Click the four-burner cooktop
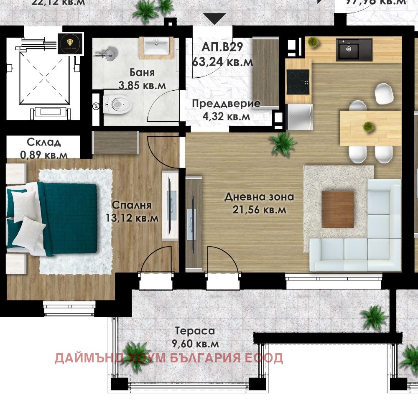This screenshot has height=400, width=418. coord(298,82)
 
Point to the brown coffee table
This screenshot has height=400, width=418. coord(337,209)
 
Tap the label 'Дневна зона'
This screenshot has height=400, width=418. coord(259,196)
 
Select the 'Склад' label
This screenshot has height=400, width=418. coord(44,142)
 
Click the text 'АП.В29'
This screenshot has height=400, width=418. coord(222,47)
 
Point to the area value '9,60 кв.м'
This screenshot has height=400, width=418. coord(195,344)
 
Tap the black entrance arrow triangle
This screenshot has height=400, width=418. coord(214,19)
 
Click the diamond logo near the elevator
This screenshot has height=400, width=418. coord(70,43)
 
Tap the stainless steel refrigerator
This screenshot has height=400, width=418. coord(299,117)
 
